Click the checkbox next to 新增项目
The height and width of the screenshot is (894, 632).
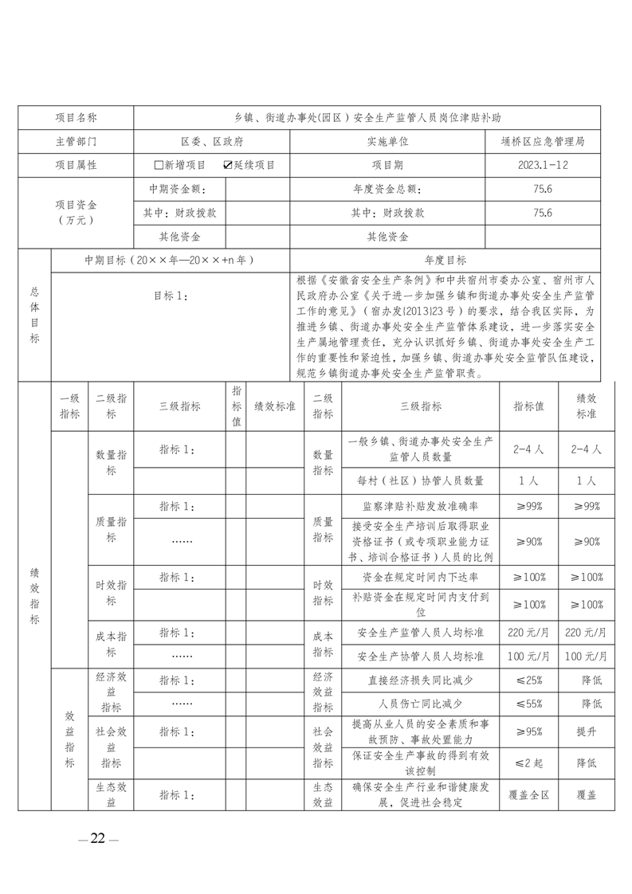click(x=158, y=165)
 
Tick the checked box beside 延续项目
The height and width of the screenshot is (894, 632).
click(x=228, y=165)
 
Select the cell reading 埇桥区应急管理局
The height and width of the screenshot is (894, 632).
click(x=546, y=141)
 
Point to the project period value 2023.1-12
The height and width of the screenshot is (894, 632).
click(x=546, y=165)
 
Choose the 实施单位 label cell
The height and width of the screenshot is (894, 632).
click(x=387, y=141)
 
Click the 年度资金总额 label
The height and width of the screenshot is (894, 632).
click(x=387, y=189)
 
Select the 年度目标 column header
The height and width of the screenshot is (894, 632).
click(x=446, y=260)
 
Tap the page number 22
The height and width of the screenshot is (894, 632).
click(x=98, y=837)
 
